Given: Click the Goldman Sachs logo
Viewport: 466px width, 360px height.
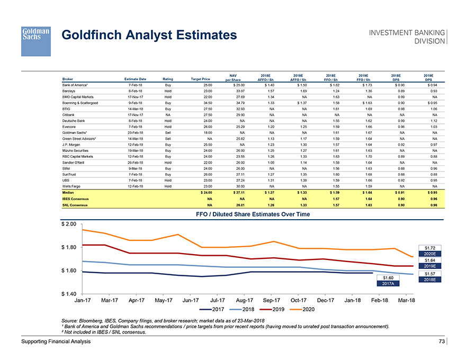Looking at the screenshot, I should click(35, 41).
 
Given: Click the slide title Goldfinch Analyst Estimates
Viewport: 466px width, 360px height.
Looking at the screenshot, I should click(149, 35).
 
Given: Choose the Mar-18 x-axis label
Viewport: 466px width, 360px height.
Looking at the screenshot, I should click(405, 301).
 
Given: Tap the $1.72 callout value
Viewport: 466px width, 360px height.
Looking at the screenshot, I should click(429, 247).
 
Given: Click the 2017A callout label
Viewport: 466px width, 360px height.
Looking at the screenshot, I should click(387, 284).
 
